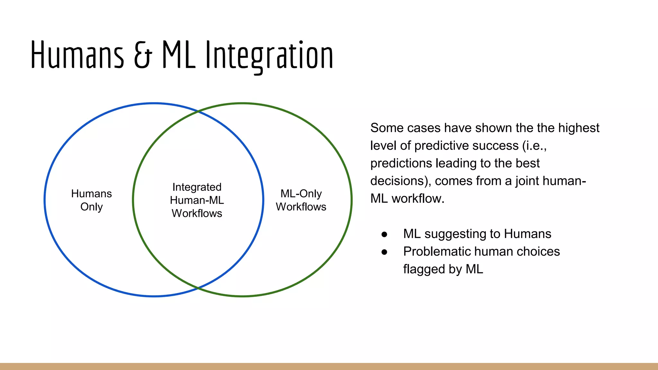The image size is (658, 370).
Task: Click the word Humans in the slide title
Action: [x=77, y=55]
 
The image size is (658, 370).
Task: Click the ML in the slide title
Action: [x=178, y=55]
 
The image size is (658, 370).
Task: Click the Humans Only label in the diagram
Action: [x=92, y=200]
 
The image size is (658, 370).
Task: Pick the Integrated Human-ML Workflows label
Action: [x=197, y=200]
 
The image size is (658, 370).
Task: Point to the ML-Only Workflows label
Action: [x=301, y=200]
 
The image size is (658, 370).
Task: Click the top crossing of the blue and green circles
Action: [x=198, y=111]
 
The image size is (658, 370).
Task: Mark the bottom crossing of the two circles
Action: [x=198, y=288]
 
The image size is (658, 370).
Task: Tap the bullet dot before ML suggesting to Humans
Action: [x=384, y=234]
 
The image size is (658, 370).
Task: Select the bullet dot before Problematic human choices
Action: [x=384, y=252]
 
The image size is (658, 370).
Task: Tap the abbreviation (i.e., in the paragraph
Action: [x=534, y=146]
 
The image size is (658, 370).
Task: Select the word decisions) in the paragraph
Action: [x=400, y=181]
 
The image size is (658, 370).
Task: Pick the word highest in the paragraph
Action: [x=578, y=128]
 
